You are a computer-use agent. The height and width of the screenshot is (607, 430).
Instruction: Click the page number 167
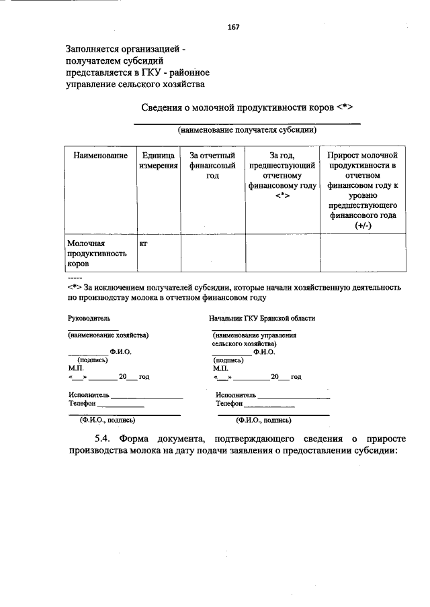233,27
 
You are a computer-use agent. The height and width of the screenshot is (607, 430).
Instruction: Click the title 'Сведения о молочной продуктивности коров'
247,107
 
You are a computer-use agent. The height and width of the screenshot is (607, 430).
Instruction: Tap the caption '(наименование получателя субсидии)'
247,129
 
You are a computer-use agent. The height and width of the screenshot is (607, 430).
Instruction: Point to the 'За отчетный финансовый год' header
212,165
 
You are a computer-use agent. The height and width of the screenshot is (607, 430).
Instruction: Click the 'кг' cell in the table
143,243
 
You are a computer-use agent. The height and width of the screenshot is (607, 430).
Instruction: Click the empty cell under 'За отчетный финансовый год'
212,253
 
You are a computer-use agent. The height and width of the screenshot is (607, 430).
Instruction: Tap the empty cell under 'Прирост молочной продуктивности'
363,253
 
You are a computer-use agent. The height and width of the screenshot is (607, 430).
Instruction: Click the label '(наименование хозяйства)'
108,334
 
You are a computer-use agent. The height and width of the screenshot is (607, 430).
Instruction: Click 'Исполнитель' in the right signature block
236,395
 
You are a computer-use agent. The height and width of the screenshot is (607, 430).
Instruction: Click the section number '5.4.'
107,438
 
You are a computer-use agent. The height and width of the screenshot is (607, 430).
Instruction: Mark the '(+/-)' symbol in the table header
363,226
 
